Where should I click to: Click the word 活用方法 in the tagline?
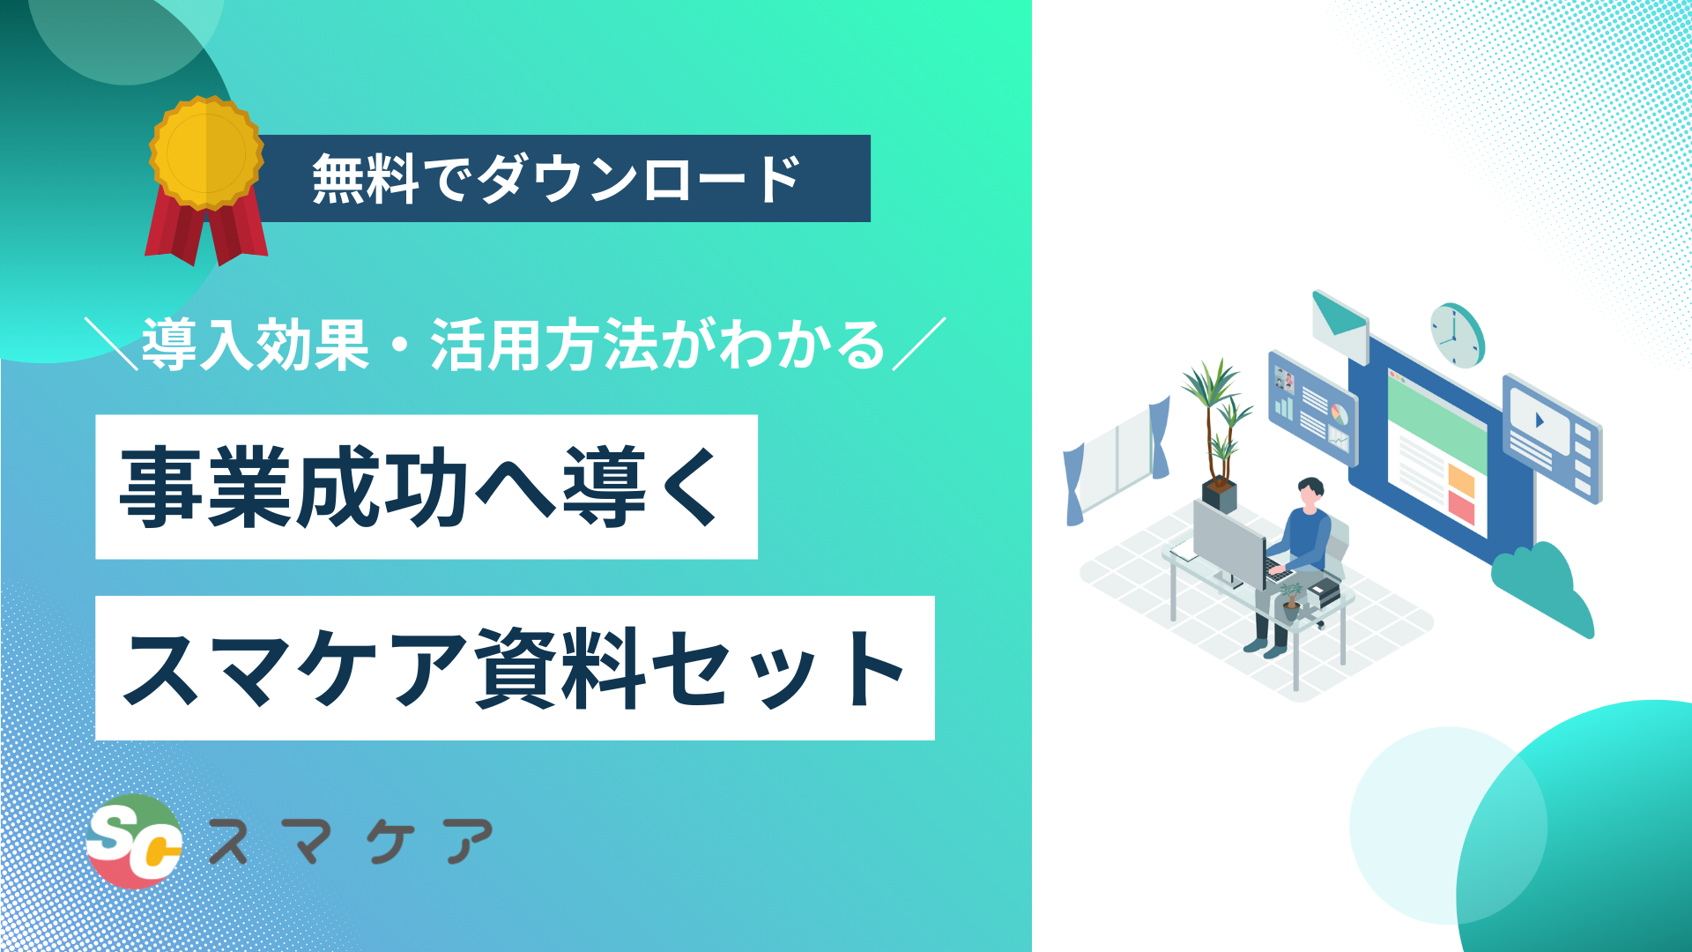pos(545,345)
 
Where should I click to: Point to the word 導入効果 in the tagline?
pos(256,345)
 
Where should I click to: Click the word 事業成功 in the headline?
pos(294,487)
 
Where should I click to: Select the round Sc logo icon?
pos(134,841)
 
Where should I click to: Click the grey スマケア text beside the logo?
pos(350,841)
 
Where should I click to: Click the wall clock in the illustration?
pos(1457,335)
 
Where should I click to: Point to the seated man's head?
pos(1310,494)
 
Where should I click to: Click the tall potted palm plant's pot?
pos(1220,495)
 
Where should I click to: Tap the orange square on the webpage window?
pos(1461,481)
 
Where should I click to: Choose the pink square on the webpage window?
pos(1461,508)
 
